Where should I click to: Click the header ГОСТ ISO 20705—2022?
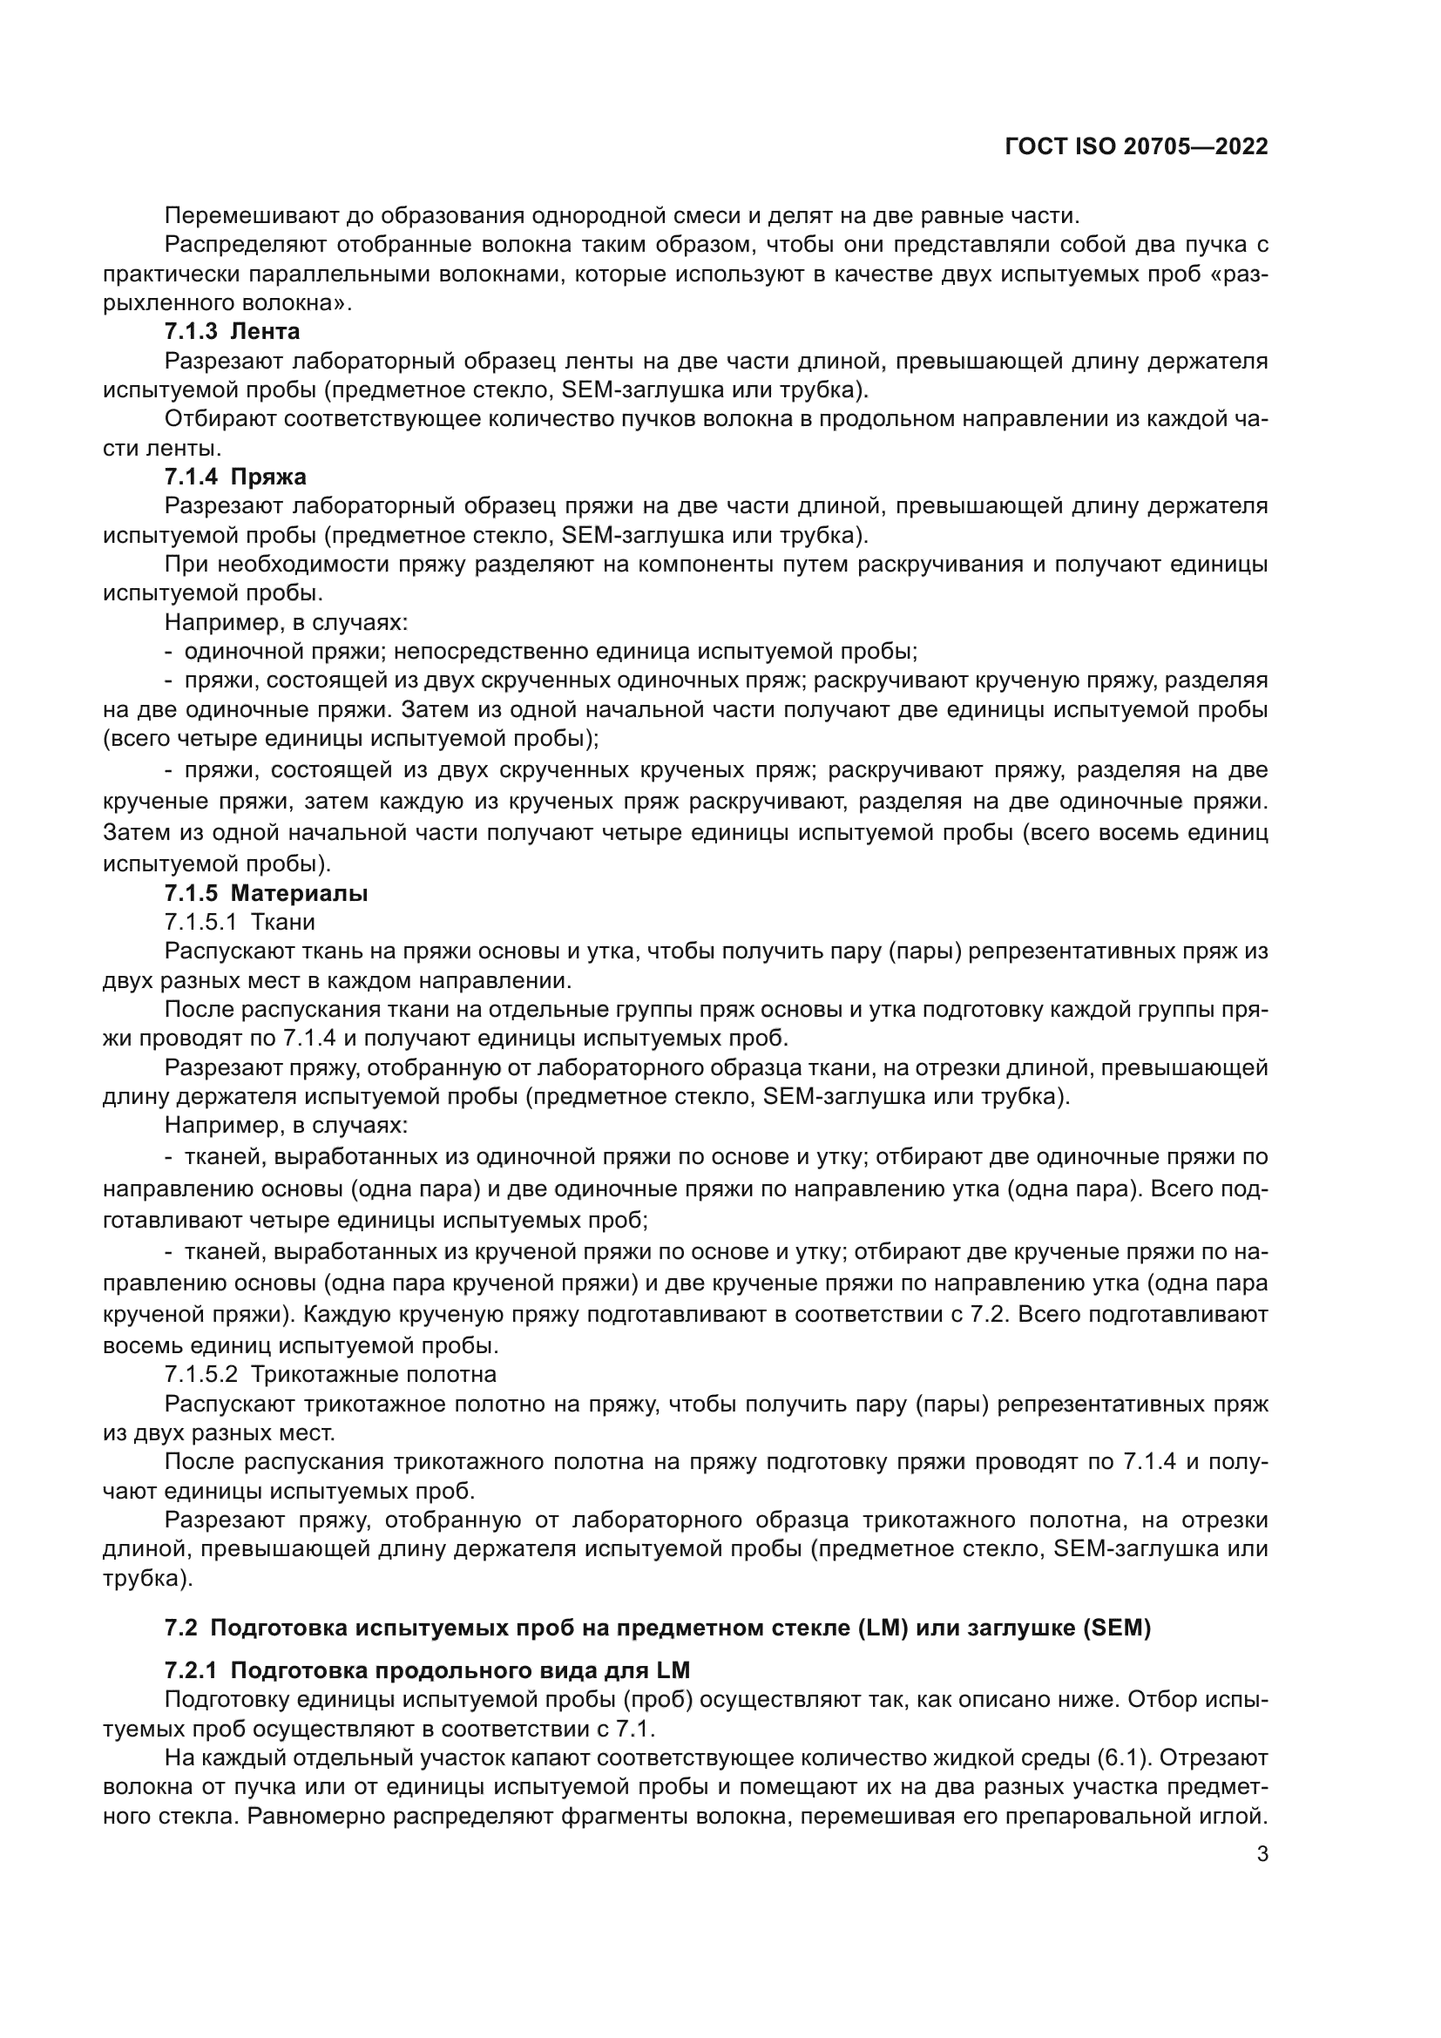click(x=1136, y=147)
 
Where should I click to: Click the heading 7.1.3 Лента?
click(x=232, y=332)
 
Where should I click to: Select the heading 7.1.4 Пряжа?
click(x=235, y=477)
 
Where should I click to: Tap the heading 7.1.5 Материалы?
click(x=266, y=893)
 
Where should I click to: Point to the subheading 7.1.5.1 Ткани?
click(x=240, y=922)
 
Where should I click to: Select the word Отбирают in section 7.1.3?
click(x=220, y=419)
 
